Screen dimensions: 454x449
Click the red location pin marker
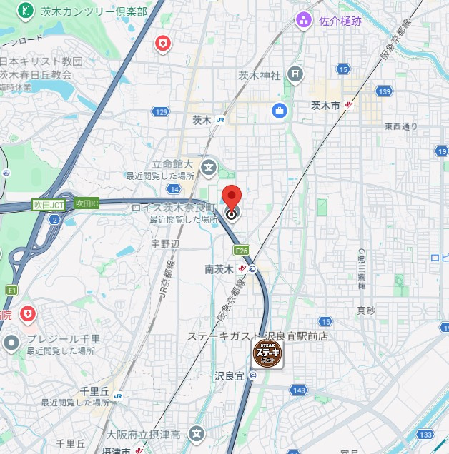click(x=231, y=197)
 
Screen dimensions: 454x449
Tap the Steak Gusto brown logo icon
click(x=268, y=353)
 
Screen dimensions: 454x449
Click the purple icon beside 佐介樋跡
click(x=305, y=19)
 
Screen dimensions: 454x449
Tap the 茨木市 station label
click(x=325, y=105)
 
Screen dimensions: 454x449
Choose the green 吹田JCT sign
click(x=48, y=204)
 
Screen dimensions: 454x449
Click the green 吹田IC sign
click(x=87, y=203)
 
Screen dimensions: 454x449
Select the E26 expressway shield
click(x=242, y=251)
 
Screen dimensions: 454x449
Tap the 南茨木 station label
click(x=219, y=269)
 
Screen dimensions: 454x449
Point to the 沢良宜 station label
click(x=230, y=375)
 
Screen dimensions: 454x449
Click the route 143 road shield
click(x=299, y=390)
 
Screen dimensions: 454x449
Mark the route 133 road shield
click(x=427, y=434)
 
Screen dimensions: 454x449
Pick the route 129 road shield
click(x=160, y=112)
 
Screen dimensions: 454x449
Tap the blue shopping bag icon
click(x=279, y=111)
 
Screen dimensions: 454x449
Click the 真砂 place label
click(x=365, y=311)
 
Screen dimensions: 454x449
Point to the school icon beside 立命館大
click(x=208, y=169)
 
